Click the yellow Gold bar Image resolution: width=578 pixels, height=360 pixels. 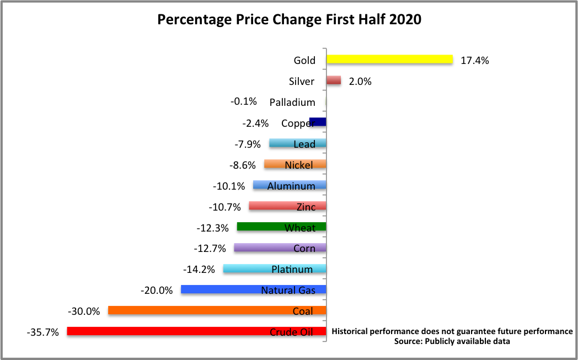click(x=389, y=60)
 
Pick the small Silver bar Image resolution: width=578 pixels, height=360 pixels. click(x=334, y=80)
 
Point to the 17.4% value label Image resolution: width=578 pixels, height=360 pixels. click(x=475, y=61)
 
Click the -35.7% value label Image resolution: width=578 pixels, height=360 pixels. click(x=42, y=332)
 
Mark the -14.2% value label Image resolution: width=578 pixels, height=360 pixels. click(x=199, y=270)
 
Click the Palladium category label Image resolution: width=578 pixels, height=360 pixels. click(x=292, y=103)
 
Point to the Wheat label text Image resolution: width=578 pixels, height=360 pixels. click(x=300, y=228)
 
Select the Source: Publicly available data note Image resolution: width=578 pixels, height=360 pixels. click(x=452, y=341)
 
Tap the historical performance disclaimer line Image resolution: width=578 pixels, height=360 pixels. click(x=452, y=331)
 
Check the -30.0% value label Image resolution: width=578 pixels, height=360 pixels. click(x=84, y=311)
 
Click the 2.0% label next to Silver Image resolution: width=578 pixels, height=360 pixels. click(x=360, y=82)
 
